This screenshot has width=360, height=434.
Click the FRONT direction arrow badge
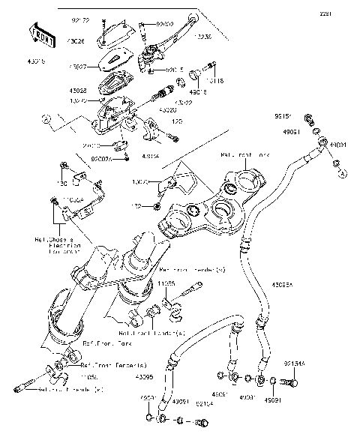(43, 34)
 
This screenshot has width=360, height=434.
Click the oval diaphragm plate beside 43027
(114, 58)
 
